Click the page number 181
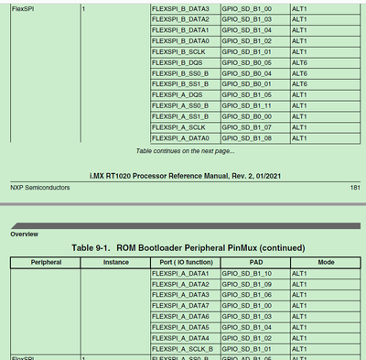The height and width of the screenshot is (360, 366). click(355, 188)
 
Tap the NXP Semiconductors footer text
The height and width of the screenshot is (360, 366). click(42, 188)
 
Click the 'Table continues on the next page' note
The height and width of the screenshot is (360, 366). click(185, 150)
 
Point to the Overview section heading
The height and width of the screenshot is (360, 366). click(24, 234)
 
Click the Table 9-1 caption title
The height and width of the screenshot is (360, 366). click(186, 248)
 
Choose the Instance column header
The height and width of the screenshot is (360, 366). click(113, 262)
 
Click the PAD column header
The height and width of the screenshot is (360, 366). click(253, 262)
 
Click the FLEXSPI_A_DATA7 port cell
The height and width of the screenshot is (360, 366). click(180, 304)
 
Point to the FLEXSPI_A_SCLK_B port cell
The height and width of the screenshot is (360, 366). click(182, 348)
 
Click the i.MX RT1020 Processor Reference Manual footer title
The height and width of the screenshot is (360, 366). click(183, 173)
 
